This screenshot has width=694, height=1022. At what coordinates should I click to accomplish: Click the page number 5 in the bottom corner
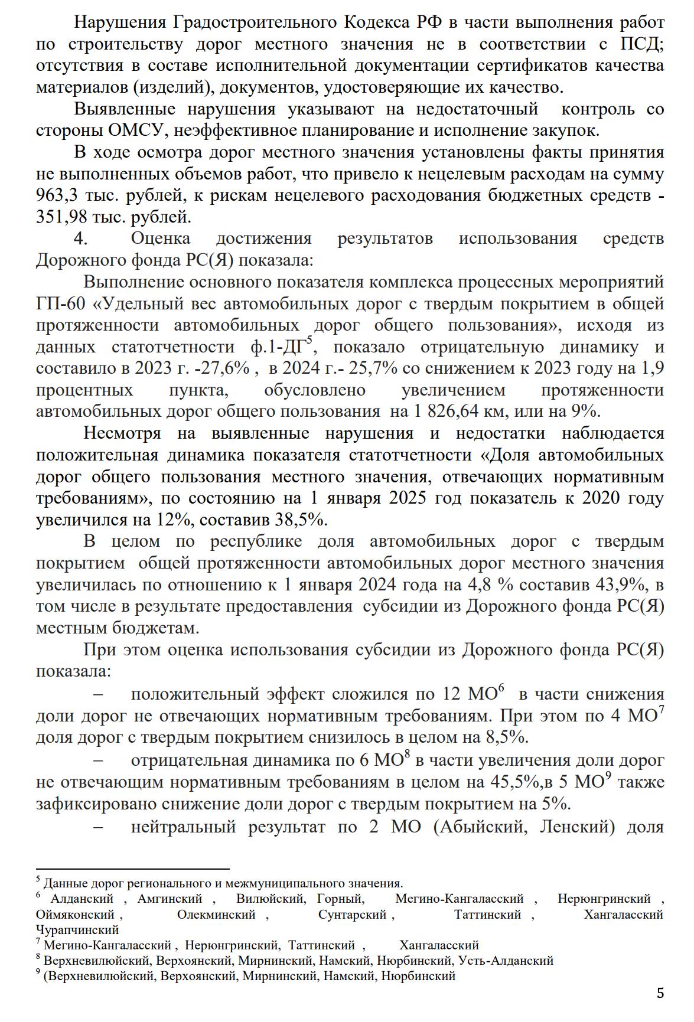click(660, 993)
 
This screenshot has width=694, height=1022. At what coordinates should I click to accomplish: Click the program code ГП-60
click(61, 304)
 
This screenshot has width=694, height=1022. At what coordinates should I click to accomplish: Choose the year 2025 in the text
click(408, 498)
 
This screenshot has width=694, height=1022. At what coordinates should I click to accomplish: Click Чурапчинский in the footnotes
click(77, 930)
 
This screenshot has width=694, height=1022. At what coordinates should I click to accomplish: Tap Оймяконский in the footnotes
click(75, 915)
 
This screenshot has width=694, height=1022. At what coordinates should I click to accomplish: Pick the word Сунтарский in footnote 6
click(353, 915)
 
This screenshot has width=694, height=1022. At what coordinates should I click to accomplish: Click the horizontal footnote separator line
click(132, 869)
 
